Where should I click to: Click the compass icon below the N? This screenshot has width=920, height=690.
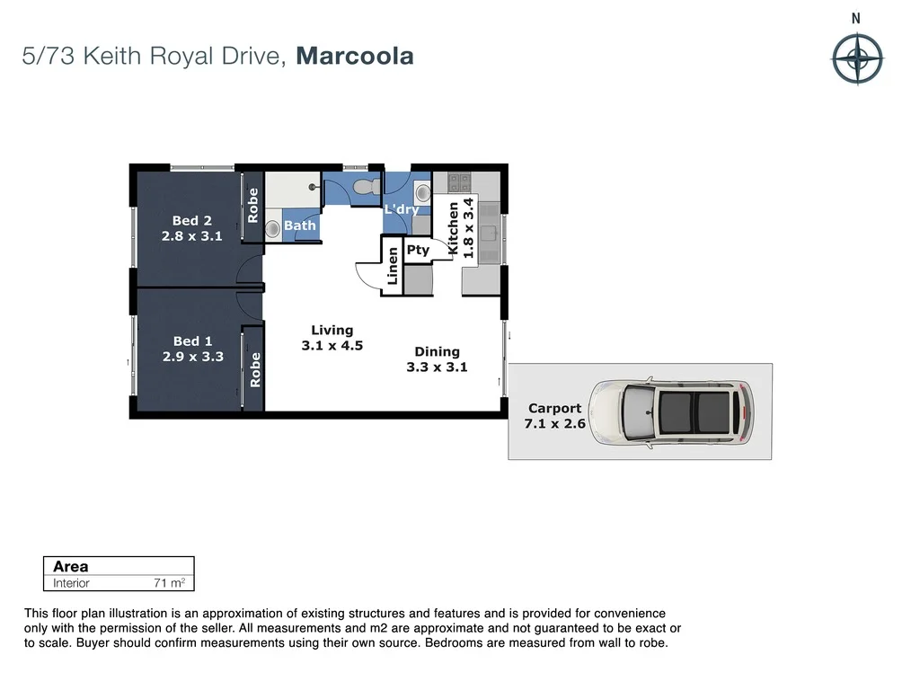click(x=857, y=59)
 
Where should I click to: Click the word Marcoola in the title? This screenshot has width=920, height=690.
click(x=355, y=57)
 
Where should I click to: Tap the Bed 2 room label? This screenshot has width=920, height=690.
click(x=191, y=221)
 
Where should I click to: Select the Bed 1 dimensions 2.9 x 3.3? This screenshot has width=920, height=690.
click(x=192, y=357)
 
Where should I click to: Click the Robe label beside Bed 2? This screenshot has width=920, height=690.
click(x=252, y=205)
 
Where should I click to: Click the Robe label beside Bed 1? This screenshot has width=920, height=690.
click(x=255, y=369)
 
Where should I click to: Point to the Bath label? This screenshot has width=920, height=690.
click(x=300, y=226)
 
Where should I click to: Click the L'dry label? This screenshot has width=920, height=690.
click(x=402, y=210)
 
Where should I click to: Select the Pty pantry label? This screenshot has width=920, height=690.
click(x=418, y=251)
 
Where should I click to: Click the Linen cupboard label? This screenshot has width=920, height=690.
click(x=393, y=266)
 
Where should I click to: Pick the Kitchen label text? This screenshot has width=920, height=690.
click(x=454, y=229)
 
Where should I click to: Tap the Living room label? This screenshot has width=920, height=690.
click(x=332, y=331)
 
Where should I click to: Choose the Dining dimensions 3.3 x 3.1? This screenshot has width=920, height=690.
click(x=438, y=367)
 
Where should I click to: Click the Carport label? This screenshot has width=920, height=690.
click(x=554, y=408)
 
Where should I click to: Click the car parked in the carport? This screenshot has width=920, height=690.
click(x=670, y=411)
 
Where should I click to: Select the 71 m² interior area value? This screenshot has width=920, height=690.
click(x=169, y=583)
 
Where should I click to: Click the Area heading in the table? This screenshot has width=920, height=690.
click(x=71, y=566)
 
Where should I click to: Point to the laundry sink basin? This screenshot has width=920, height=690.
click(x=422, y=192)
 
